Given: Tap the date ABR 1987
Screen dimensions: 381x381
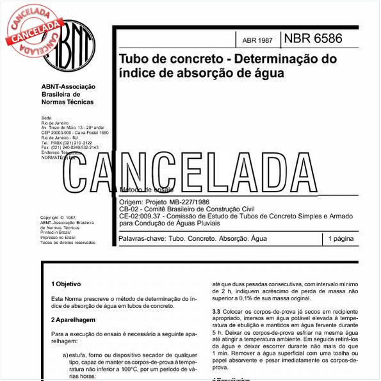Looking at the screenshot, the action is (x=257, y=40).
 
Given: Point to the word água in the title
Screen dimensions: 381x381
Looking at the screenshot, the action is (x=268, y=73).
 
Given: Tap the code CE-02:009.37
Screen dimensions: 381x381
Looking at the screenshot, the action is (x=144, y=216).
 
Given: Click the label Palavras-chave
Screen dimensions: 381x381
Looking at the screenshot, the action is (x=141, y=238).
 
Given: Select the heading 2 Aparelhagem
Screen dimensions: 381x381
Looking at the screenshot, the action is (x=73, y=319).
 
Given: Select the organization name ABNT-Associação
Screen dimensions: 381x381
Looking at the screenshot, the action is (x=68, y=86).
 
